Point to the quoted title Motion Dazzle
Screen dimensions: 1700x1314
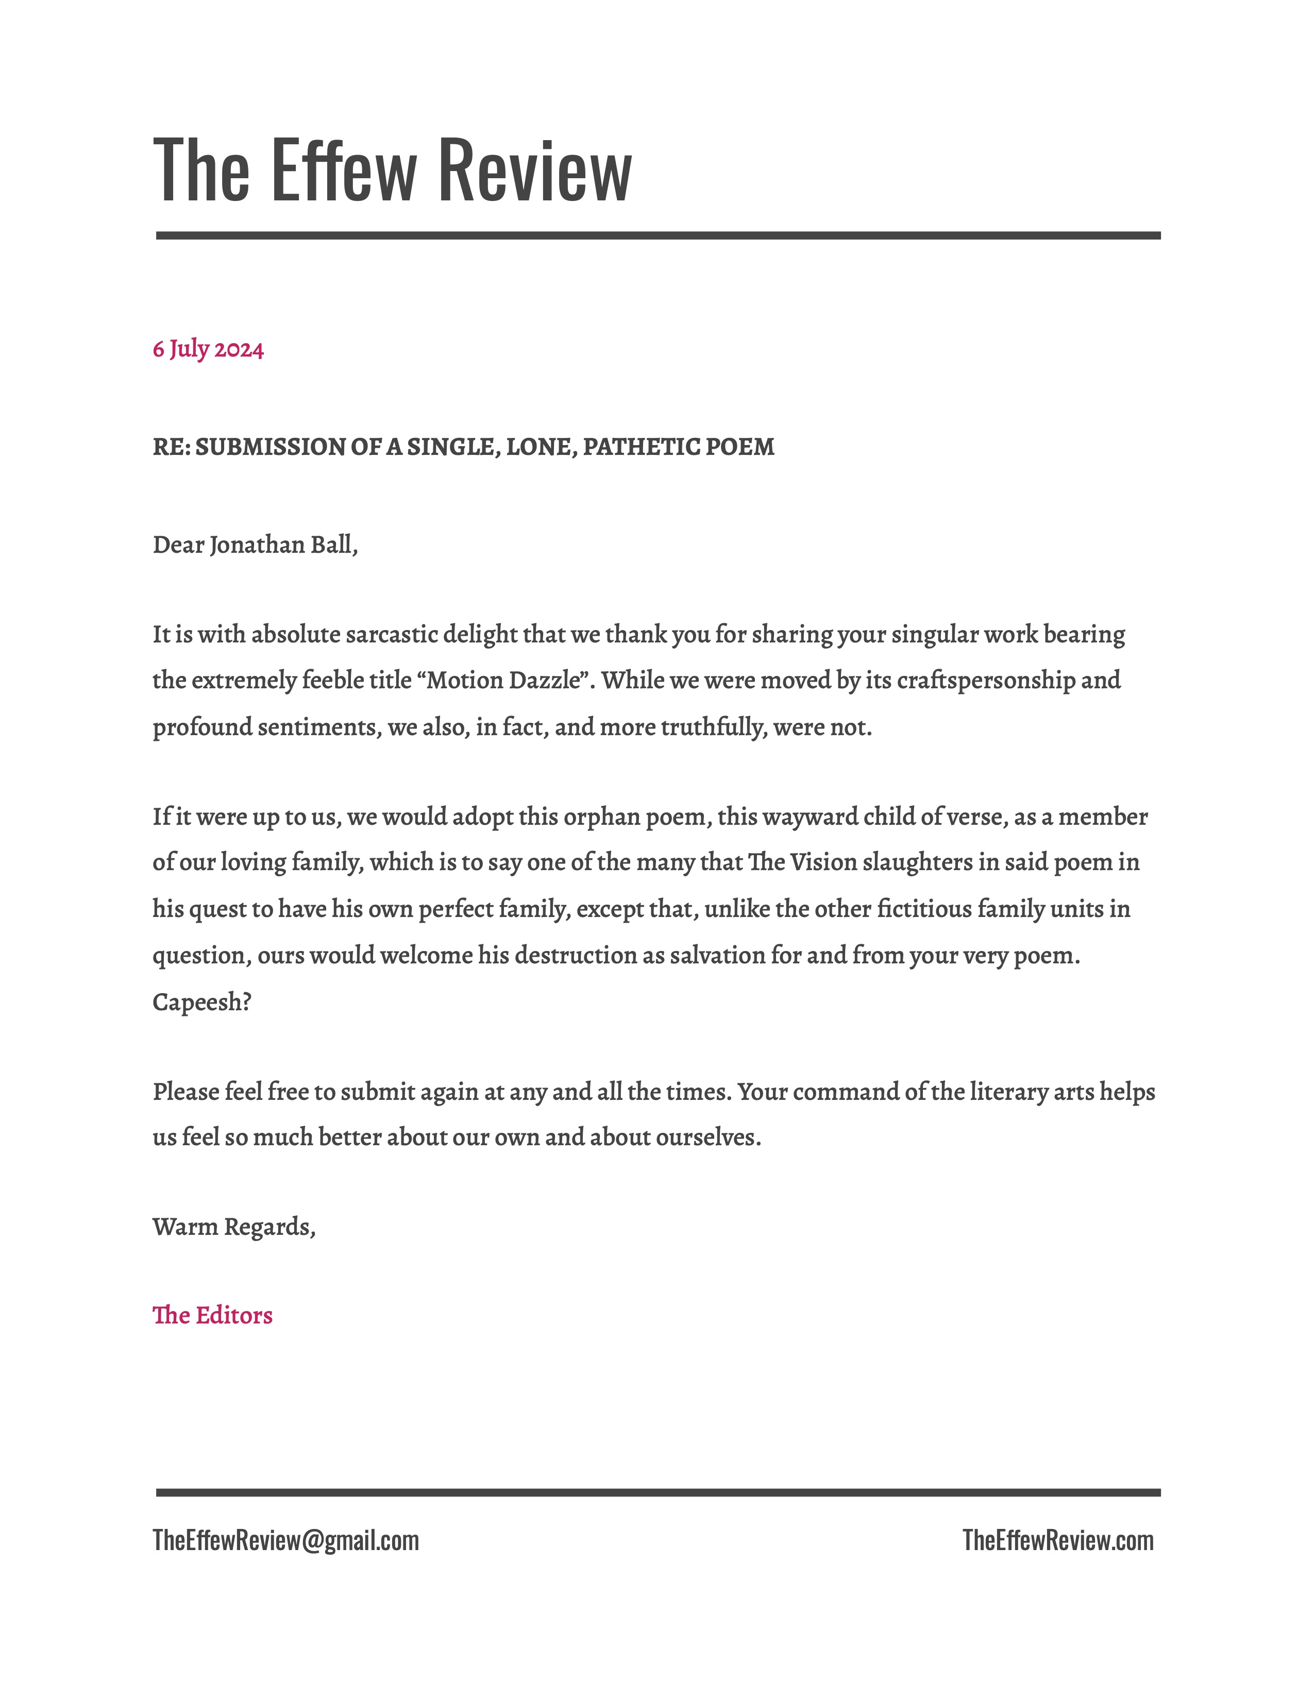(504, 681)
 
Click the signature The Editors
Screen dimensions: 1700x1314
(212, 1316)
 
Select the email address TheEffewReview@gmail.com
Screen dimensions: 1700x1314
(285, 1540)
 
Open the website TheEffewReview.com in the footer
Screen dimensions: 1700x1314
(1058, 1540)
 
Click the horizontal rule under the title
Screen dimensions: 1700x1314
(658, 235)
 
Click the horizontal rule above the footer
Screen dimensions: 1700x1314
(658, 1492)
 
